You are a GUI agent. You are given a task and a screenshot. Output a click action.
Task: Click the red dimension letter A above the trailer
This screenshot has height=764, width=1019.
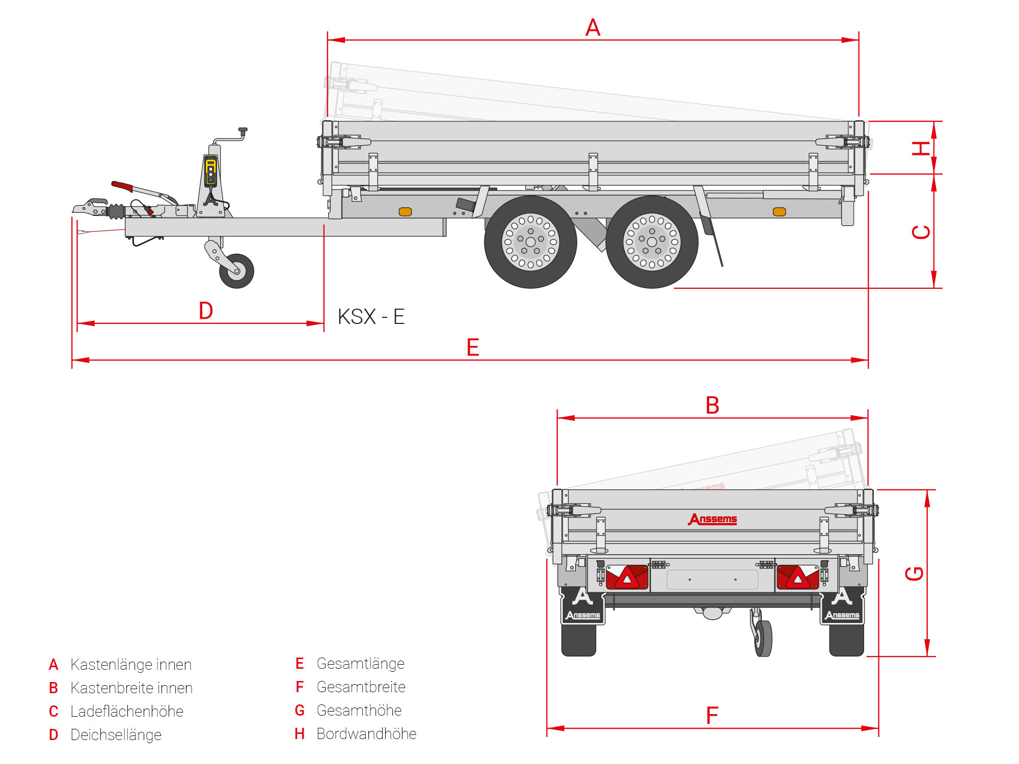[593, 28]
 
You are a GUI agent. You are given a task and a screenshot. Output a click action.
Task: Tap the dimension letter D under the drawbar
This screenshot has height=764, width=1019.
[206, 311]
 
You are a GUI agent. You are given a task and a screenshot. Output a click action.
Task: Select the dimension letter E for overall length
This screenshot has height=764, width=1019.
[473, 347]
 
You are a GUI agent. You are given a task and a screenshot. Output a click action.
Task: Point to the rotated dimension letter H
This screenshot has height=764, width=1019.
[921, 148]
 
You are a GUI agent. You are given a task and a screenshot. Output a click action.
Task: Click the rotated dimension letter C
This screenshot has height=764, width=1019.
[921, 232]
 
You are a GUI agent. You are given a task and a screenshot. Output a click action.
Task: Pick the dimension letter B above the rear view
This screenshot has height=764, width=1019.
[712, 406]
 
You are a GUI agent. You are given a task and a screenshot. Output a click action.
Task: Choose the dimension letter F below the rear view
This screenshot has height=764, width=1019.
[712, 716]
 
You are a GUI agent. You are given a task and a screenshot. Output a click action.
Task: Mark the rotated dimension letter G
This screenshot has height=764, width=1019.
[915, 574]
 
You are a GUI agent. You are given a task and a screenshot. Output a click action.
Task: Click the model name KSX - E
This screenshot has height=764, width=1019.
[371, 317]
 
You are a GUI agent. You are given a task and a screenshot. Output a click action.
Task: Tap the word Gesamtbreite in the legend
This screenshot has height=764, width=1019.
[361, 687]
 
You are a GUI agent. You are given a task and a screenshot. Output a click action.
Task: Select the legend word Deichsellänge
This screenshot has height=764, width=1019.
[116, 735]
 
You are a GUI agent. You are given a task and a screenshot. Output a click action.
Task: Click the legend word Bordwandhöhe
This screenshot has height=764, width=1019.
[366, 734]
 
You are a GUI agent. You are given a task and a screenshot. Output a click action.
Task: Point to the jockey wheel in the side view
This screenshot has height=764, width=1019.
[236, 271]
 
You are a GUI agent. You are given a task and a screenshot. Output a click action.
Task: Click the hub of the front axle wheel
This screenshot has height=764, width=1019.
[530, 242]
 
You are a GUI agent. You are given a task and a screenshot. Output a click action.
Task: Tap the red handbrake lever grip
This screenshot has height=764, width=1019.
[122, 186]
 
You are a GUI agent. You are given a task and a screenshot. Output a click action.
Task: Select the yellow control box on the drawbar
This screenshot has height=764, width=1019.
[210, 171]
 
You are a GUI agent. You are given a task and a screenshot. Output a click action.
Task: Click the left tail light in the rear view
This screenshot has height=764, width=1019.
[627, 577]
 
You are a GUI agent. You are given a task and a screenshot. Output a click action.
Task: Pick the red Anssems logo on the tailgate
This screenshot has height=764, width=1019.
[713, 519]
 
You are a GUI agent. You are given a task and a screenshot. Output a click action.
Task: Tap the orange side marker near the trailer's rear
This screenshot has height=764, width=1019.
[779, 212]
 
